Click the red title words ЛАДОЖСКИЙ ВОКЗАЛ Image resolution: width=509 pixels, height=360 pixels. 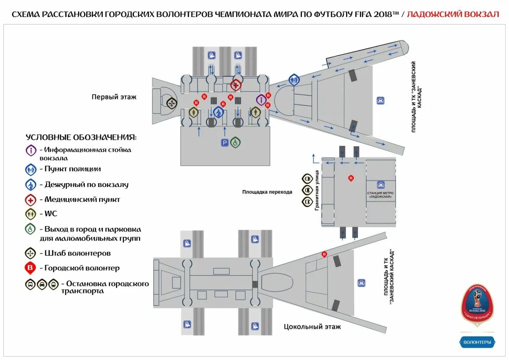[x=453, y=14]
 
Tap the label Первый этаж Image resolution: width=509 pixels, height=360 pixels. [x=114, y=97]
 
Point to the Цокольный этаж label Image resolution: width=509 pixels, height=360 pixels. [x=312, y=327]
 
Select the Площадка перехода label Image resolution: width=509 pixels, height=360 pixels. [x=267, y=192]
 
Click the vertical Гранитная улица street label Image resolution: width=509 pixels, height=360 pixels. [x=316, y=191]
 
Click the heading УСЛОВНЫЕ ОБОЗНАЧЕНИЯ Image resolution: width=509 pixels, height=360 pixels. [x=81, y=137]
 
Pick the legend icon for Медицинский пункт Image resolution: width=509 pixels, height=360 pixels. [x=31, y=199]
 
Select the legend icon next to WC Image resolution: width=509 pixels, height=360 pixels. [x=31, y=214]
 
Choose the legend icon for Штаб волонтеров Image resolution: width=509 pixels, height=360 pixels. [x=31, y=253]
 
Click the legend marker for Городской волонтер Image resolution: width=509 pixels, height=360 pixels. [x=31, y=268]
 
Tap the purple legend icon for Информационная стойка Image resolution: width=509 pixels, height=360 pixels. [x=31, y=150]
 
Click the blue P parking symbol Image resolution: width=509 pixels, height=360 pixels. [x=224, y=143]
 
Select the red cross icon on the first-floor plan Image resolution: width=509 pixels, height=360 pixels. [x=236, y=85]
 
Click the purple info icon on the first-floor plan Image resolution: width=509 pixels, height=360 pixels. [x=261, y=100]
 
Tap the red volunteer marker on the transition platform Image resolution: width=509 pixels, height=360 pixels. [x=351, y=178]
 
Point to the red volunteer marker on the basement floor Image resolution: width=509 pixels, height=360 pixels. [x=324, y=254]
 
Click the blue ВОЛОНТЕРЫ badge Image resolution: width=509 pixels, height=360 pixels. [x=477, y=342]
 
